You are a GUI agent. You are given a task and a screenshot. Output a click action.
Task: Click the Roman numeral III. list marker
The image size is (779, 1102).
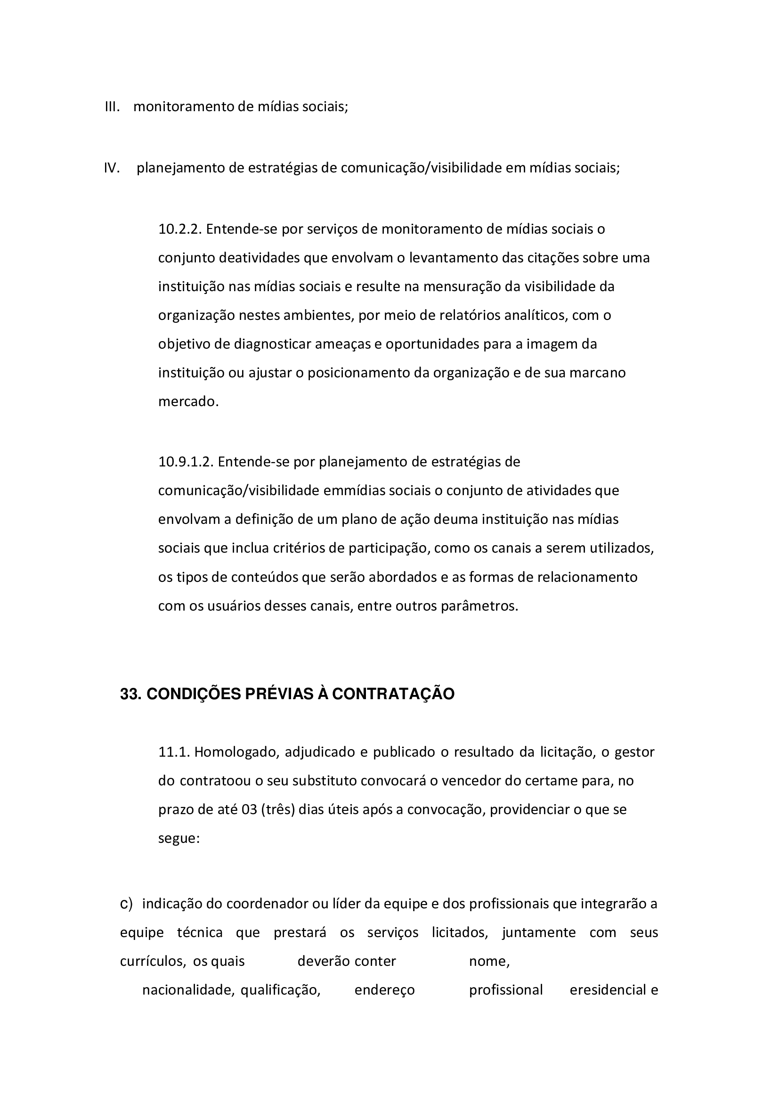112,106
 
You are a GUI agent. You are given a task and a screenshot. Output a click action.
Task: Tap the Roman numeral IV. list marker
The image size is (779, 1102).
112,168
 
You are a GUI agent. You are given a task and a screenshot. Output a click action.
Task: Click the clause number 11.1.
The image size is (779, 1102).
174,751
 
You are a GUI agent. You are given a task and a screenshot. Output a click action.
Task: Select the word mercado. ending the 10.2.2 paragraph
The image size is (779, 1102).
188,402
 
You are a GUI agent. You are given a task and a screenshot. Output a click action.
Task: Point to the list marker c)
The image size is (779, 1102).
126,904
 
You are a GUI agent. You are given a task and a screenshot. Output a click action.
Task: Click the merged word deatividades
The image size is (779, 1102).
259,258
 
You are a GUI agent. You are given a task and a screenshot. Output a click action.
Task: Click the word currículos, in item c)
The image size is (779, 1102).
153,961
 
